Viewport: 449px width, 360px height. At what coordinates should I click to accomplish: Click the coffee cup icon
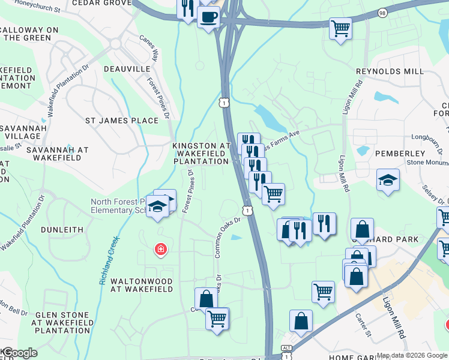click(x=208, y=17)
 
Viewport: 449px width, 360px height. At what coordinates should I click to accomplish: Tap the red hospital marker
click(x=160, y=248)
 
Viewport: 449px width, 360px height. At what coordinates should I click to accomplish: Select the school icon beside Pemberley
click(x=388, y=179)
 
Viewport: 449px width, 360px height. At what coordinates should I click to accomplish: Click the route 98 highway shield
click(x=382, y=13)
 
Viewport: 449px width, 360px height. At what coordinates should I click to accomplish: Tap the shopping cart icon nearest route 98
click(x=340, y=28)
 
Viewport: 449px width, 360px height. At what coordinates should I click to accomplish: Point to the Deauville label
click(x=127, y=69)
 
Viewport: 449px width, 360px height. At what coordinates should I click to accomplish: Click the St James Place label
click(x=122, y=121)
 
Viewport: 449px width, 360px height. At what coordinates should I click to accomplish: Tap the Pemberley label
click(x=400, y=154)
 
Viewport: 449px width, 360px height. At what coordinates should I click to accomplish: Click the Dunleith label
click(x=62, y=229)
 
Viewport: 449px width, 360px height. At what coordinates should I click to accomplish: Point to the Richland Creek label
click(x=108, y=260)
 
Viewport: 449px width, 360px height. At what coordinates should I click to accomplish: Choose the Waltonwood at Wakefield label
click(x=142, y=285)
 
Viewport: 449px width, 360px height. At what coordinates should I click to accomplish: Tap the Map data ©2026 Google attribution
click(x=411, y=355)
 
